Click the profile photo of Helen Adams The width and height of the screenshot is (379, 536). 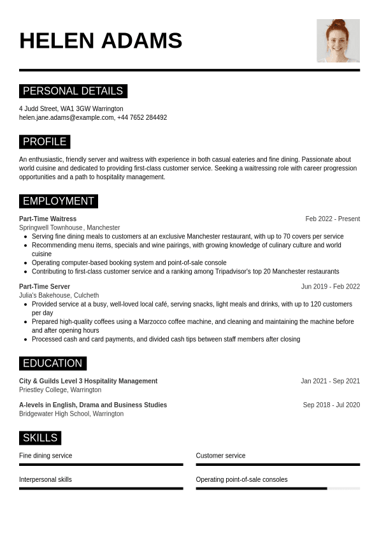(338, 41)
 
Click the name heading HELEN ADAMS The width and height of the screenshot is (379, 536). (101, 41)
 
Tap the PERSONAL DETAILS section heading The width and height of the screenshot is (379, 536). (73, 91)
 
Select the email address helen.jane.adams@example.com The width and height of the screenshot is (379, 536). (66, 118)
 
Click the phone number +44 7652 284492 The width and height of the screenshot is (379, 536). (142, 118)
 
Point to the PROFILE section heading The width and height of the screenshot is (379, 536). (45, 141)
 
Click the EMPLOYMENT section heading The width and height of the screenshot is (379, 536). (58, 201)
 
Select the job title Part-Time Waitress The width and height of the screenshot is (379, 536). (48, 219)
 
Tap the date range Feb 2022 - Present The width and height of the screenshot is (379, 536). (333, 219)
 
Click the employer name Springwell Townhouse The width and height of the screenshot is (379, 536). (51, 228)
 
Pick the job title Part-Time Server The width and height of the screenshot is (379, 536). (45, 287)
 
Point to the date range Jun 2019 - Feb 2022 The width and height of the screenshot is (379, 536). (330, 287)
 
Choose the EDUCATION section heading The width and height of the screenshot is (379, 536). (52, 363)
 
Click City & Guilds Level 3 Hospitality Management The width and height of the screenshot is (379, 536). (88, 381)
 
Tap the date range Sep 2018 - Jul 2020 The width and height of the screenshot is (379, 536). (331, 405)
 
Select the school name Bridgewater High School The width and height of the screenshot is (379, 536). (54, 414)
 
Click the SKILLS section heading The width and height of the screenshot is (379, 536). (40, 438)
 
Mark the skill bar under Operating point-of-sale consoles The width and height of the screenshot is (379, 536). (278, 488)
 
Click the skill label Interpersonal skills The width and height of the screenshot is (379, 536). (45, 480)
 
